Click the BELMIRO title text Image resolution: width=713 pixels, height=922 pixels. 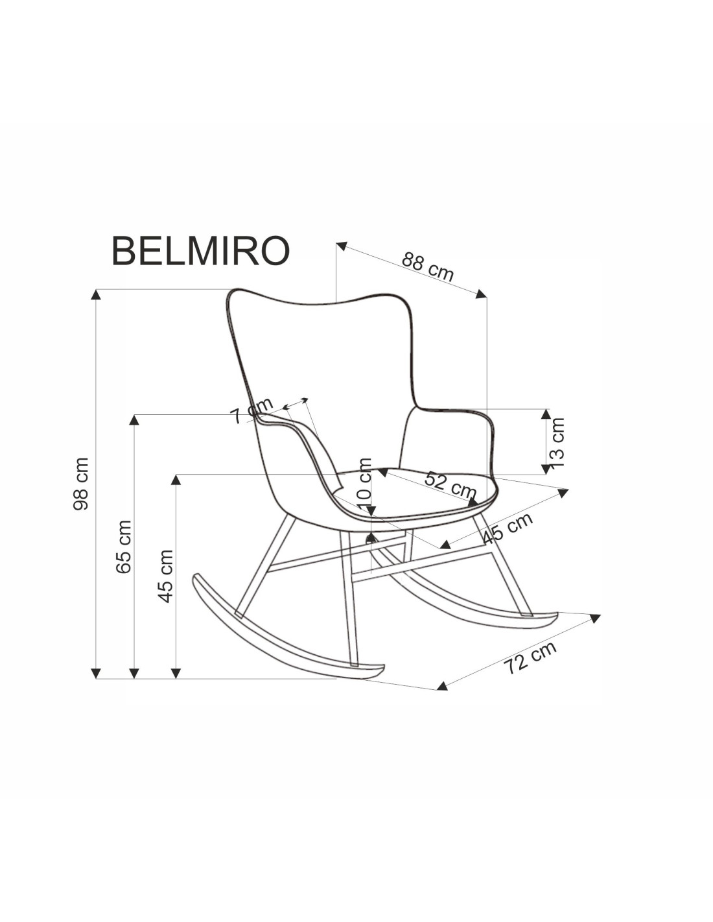tap(200, 250)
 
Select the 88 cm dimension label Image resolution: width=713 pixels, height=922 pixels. tap(428, 266)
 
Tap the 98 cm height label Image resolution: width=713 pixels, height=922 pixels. tap(82, 484)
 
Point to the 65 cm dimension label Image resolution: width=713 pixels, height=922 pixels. tap(123, 546)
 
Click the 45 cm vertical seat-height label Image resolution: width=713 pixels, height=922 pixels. tap(166, 576)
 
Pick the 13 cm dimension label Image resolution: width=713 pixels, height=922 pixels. tap(556, 442)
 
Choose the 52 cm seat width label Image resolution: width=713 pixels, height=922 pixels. tap(450, 484)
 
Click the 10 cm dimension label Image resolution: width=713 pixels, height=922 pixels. tap(365, 482)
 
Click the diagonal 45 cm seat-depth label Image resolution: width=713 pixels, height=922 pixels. tap(508, 528)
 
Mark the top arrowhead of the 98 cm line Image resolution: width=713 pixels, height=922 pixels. tap(96, 294)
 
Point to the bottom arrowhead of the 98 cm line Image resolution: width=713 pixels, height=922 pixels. tap(96, 673)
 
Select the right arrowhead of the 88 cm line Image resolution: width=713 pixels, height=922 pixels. tap(481, 294)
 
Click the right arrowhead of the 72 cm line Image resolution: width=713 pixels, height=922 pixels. tap(595, 617)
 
